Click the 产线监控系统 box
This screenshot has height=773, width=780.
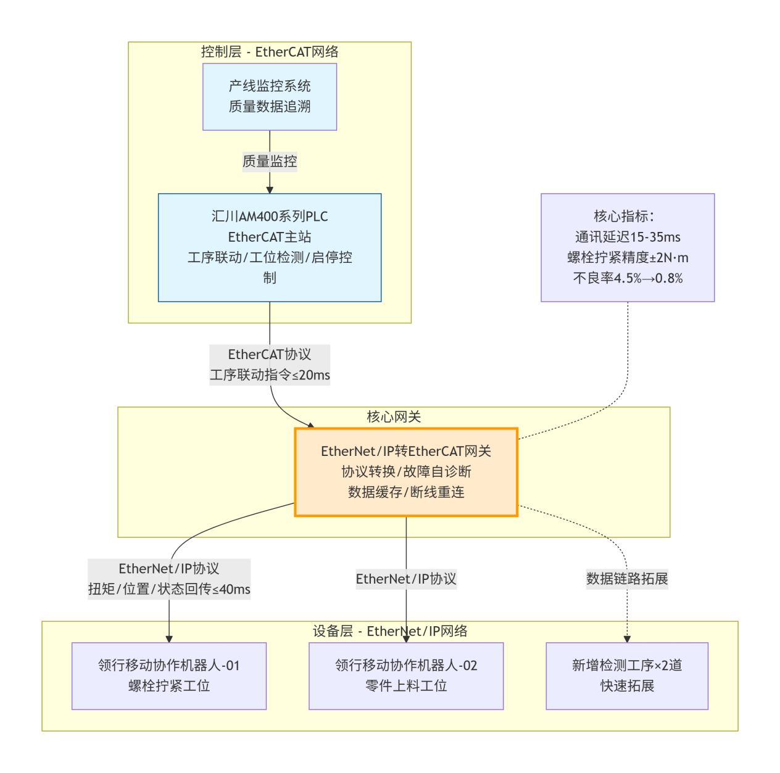[x=270, y=97]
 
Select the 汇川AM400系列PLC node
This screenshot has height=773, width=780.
[x=270, y=247]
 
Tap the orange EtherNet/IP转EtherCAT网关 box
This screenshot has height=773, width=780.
[x=406, y=472]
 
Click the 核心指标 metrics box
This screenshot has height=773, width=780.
[x=628, y=247]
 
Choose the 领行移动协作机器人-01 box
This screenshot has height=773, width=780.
[x=169, y=676]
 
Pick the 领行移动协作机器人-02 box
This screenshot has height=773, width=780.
[x=406, y=676]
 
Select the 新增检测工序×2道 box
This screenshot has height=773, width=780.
[x=627, y=676]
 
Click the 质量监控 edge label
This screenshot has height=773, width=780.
[x=270, y=162]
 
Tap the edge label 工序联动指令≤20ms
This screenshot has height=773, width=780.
[x=270, y=375]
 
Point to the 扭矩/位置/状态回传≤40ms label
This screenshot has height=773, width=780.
[x=169, y=589]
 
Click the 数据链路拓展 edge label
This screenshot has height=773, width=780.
[x=627, y=579]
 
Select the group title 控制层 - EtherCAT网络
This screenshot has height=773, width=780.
[x=270, y=52]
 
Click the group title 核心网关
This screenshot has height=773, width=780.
[x=394, y=417]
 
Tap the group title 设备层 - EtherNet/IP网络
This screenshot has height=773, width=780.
[x=390, y=631]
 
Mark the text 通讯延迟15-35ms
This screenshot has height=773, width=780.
[x=628, y=237]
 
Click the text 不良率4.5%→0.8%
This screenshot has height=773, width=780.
[x=628, y=278]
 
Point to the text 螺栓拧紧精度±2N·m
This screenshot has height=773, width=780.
[x=628, y=258]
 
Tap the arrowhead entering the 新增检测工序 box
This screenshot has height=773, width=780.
[x=627, y=639]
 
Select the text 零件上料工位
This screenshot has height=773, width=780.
[x=406, y=686]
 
